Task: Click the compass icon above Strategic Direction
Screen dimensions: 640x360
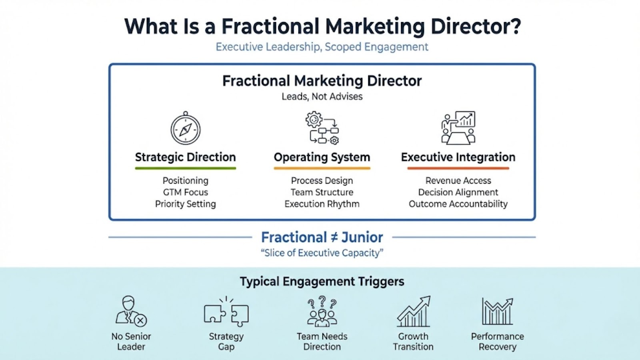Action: [x=186, y=128]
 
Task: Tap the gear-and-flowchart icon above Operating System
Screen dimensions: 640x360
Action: [x=322, y=128]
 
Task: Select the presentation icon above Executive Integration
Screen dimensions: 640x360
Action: [x=458, y=128]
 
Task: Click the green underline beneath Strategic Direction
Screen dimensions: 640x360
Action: [x=186, y=168]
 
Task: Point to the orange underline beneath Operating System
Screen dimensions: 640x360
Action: [x=322, y=168]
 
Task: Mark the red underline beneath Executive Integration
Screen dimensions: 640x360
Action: [x=458, y=168]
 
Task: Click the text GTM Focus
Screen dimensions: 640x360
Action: [x=186, y=192]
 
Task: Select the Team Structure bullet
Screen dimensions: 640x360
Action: [x=322, y=192]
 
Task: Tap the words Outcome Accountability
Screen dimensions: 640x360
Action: [x=458, y=204]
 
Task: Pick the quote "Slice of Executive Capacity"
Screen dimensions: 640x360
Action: [x=322, y=253]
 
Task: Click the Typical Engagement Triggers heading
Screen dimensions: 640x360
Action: [x=322, y=282]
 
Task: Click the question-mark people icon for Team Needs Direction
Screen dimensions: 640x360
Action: [x=322, y=311]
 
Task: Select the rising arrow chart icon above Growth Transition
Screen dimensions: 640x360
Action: [x=414, y=311]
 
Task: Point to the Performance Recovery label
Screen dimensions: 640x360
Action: [x=498, y=342]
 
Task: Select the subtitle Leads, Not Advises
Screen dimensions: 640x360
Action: [x=322, y=96]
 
